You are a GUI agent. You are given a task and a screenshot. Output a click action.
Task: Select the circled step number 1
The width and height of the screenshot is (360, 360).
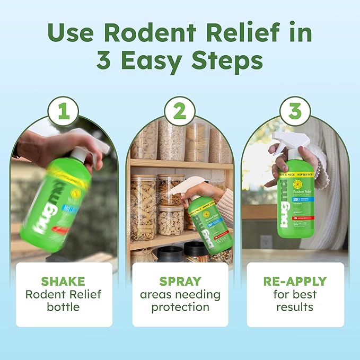click(x=64, y=112)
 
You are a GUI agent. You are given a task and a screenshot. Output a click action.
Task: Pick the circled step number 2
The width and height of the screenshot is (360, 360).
click(x=180, y=112)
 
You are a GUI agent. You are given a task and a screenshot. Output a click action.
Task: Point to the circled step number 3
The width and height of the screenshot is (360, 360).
click(x=295, y=112)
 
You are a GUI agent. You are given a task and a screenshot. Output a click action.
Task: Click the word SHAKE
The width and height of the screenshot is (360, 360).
click(x=64, y=281)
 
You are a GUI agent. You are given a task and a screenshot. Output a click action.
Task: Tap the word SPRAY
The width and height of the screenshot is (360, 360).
click(x=180, y=281)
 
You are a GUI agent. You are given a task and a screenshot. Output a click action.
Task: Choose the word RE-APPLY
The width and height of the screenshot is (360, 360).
click(x=295, y=281)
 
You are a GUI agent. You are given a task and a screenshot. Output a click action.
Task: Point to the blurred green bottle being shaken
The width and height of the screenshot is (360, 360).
click(x=58, y=196)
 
